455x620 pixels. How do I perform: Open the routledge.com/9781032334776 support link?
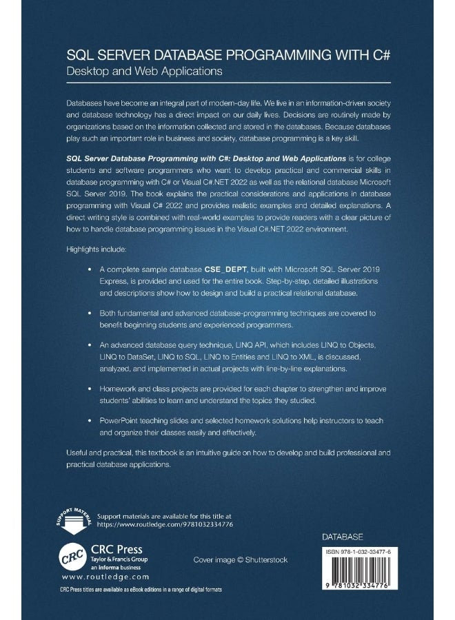(x=175, y=524)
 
